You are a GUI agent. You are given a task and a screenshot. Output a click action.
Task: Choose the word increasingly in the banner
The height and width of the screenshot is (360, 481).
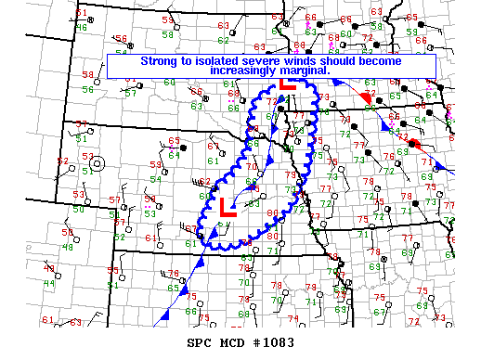(x=248, y=71)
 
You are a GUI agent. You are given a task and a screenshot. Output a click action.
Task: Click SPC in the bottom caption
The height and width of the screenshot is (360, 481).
(x=201, y=343)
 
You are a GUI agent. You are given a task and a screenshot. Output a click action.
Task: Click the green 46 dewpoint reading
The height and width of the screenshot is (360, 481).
(x=82, y=28)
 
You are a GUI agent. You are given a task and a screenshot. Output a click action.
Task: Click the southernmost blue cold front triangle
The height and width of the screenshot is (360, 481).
(x=163, y=317)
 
